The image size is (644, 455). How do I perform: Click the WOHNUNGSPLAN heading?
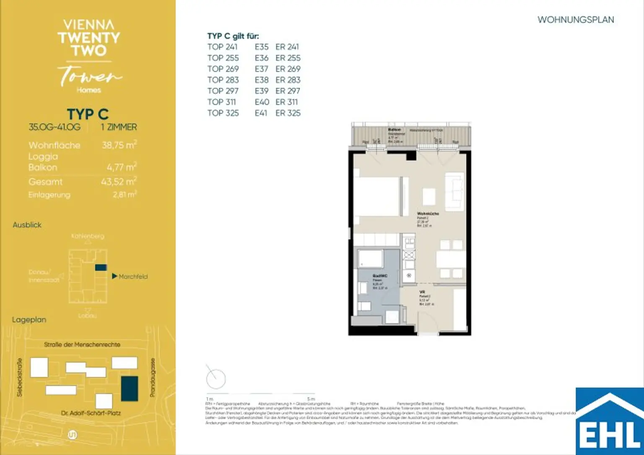coord(575,20)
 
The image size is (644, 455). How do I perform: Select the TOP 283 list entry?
coord(223,80)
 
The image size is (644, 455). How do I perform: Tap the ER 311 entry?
coord(286,102)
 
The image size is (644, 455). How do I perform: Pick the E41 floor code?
coord(261,113)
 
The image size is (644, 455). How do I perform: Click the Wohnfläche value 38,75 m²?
coord(119,145)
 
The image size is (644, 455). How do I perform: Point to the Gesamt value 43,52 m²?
coord(119,182)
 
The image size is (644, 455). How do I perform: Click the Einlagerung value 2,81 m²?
coord(125,195)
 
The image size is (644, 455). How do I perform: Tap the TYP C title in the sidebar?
coord(88,114)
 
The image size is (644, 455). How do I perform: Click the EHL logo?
coord(610,421)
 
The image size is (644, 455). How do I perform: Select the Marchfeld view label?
coord(133,276)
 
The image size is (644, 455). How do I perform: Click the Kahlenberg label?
coord(88,236)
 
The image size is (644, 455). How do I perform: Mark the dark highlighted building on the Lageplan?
coord(129,388)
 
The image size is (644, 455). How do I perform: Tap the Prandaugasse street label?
coord(153,377)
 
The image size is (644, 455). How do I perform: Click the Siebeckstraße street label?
coord(19,377)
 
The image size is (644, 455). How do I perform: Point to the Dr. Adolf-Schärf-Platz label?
coord(91,413)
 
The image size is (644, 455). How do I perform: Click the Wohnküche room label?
coord(428,213)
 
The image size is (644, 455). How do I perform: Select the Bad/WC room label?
coord(380,276)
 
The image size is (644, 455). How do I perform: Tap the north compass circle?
coord(216,379)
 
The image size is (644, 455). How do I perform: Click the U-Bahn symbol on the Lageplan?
coord(72,435)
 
